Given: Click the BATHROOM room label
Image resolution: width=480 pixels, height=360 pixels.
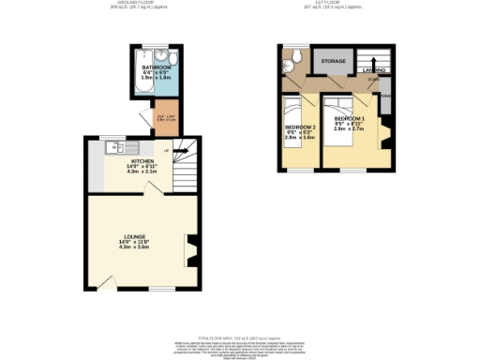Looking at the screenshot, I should point(157,68).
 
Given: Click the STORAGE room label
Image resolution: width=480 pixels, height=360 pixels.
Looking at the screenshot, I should point(333,62).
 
